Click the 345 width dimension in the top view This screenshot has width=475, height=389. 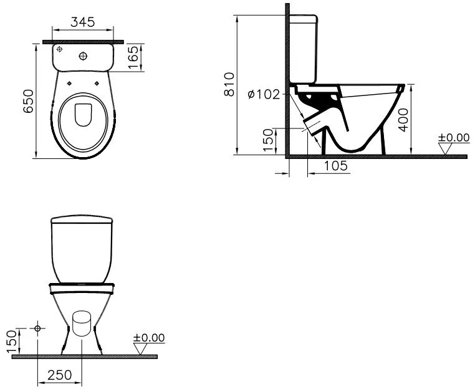(x=82, y=22)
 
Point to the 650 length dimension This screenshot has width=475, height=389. (x=28, y=100)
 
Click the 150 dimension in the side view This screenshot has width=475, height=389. (x=268, y=140)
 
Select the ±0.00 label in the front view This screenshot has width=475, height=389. (x=149, y=338)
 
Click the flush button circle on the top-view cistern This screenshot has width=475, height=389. (x=83, y=57)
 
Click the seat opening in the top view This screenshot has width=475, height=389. (x=82, y=115)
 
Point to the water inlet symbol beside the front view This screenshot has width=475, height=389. (x=39, y=327)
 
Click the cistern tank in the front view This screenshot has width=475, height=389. (x=82, y=247)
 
